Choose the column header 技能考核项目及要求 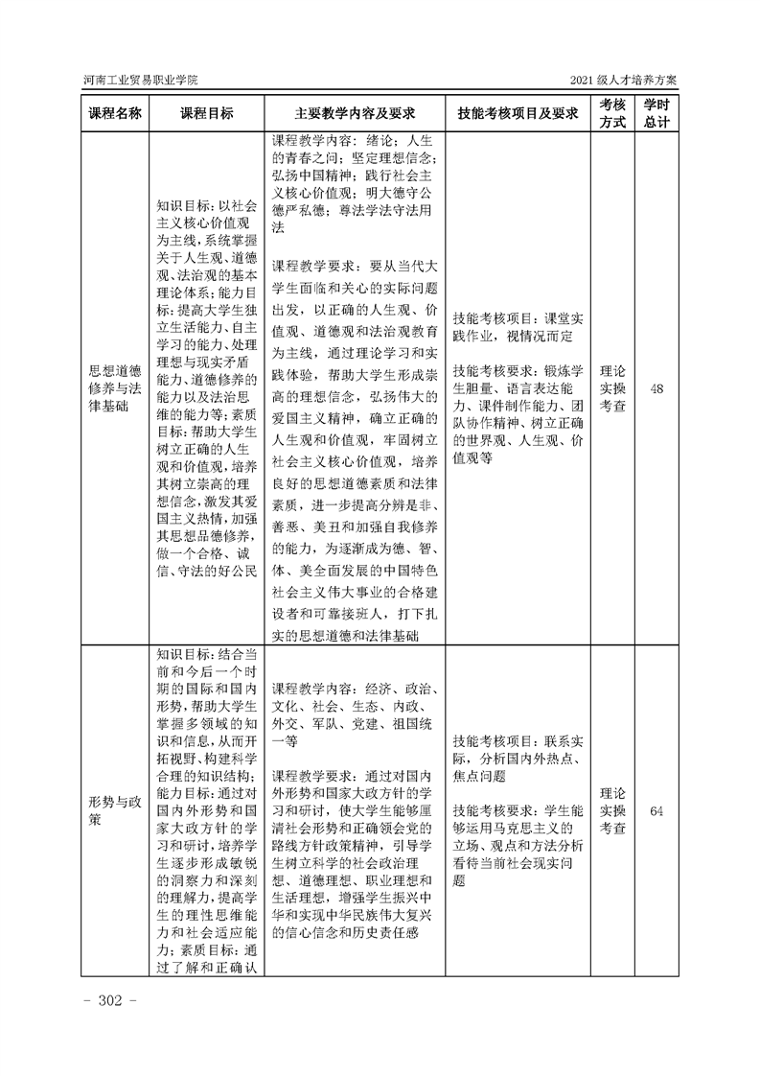(518, 113)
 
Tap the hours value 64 (656, 811)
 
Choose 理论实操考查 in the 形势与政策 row (612, 811)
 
